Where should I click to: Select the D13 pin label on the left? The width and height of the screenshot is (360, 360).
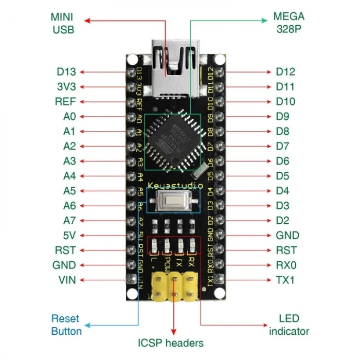66,72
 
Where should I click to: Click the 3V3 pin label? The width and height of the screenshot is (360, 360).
66,87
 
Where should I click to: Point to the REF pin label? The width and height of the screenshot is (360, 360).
65,102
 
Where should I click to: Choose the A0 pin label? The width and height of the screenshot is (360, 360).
69,117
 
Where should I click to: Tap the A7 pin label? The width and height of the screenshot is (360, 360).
69,221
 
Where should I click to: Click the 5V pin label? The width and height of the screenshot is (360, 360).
69,236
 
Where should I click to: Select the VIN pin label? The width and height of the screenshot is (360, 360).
67,280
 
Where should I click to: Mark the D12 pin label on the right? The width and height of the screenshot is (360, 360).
285,72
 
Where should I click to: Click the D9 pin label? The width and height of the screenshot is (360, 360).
282,117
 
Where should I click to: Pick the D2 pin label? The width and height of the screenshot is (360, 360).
282,221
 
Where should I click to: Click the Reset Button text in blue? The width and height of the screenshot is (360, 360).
66,325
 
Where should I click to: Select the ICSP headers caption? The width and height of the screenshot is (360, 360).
170,343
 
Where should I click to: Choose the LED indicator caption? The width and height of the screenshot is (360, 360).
289,325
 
